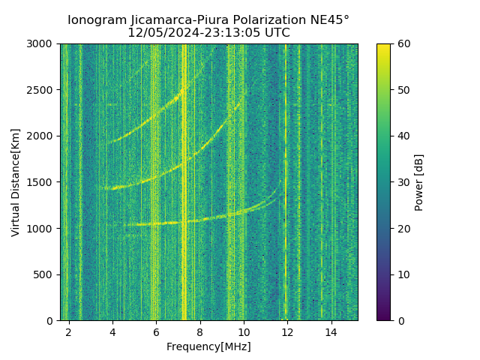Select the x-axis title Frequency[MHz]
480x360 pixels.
pyautogui.click(x=208, y=346)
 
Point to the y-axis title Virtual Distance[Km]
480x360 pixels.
pyautogui.click(x=16, y=182)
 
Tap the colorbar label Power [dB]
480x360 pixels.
pyautogui.click(x=419, y=182)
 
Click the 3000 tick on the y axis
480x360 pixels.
pyautogui.click(x=42, y=44)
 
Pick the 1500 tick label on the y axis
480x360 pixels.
pyautogui.click(x=42, y=182)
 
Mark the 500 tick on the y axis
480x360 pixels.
pyautogui.click(x=45, y=274)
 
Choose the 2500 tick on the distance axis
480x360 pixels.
pyautogui.click(x=42, y=90)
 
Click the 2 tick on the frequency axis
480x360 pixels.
pyautogui.click(x=69, y=331)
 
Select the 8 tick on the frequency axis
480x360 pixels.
pyautogui.click(x=200, y=331)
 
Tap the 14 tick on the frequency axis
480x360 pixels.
pyautogui.click(x=331, y=331)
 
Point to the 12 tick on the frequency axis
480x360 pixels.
pyautogui.click(x=287, y=331)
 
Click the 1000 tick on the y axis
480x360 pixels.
pyautogui.click(x=42, y=229)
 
